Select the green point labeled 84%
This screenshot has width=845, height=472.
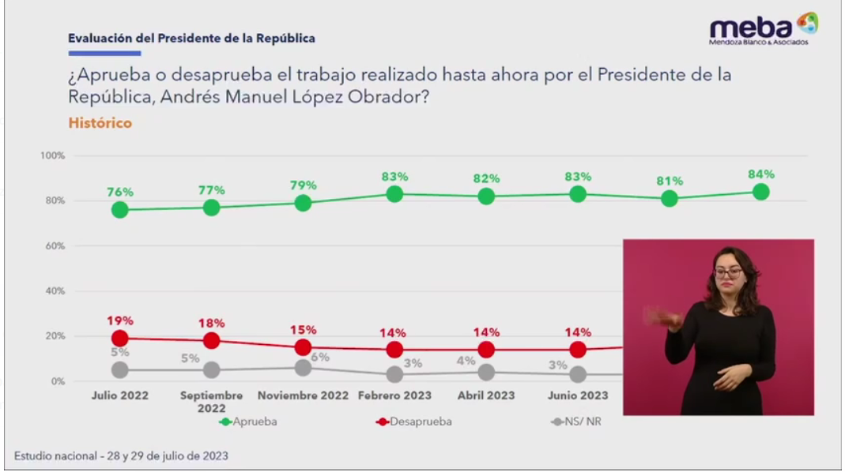761,192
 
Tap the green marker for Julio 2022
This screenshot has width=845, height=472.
120,209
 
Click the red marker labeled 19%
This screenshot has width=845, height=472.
120,338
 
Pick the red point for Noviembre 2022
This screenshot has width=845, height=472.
303,347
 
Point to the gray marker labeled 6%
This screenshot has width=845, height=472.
303,367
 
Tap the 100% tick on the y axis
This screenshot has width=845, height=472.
52,155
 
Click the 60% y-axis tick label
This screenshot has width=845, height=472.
54,246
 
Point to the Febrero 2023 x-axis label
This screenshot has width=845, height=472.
394,395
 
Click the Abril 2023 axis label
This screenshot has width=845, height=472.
486,395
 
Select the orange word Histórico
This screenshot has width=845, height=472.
100,123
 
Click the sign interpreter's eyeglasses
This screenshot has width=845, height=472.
728,273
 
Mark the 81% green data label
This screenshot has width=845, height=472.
670,181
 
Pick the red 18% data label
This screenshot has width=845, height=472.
212,323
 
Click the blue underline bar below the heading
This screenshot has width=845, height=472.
104,54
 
